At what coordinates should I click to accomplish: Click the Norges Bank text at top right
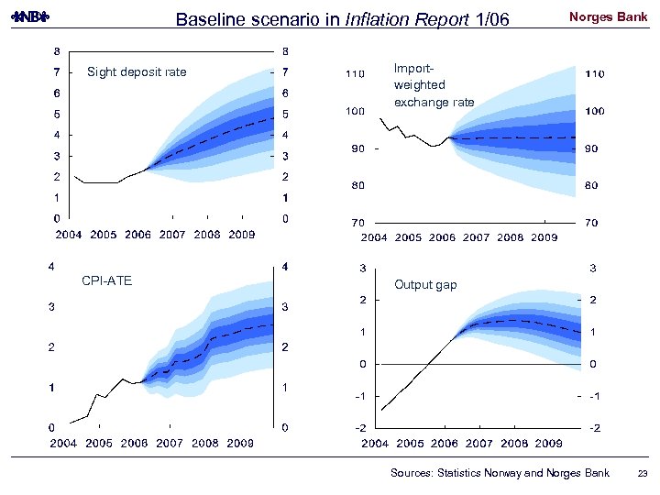pos(608,17)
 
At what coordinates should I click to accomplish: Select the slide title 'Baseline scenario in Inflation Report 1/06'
pos(341,19)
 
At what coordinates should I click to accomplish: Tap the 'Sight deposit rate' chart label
pos(136,72)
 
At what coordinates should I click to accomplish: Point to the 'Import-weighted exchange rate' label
pos(434,85)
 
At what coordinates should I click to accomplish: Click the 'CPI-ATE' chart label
pos(106,280)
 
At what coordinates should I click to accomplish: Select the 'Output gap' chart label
pos(425,285)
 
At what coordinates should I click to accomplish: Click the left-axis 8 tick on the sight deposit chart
pos(58,51)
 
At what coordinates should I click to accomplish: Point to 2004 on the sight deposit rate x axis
pos(71,235)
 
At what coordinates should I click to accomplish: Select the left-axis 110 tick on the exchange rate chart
pos(354,73)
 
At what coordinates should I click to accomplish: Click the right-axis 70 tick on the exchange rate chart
pos(592,223)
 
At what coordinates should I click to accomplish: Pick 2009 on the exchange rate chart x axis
pos(544,238)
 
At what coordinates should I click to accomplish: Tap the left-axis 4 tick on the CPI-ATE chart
pos(51,267)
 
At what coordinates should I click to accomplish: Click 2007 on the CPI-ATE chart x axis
pos(170,443)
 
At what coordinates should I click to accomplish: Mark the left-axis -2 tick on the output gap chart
pos(362,428)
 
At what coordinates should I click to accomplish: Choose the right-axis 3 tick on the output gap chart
pos(594,269)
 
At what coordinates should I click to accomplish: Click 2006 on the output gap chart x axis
pos(444,444)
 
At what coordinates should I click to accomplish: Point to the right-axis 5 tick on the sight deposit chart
pos(287,115)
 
